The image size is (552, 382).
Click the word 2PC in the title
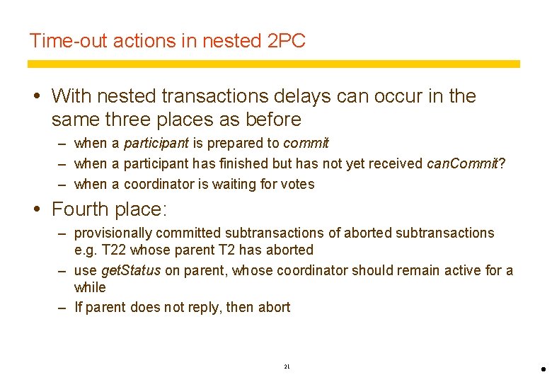point(287,41)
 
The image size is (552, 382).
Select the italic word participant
point(156,144)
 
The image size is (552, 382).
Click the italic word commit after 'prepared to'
point(306,144)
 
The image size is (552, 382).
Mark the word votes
point(297,184)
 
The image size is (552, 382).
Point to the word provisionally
point(113,233)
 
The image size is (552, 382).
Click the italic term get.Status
point(132,270)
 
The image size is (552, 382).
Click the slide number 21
point(287,366)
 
